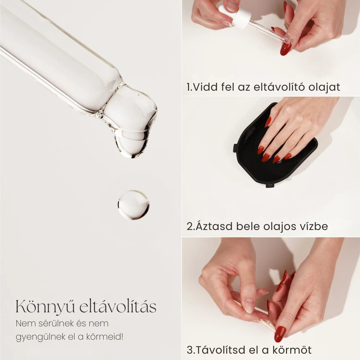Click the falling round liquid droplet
point(133,205)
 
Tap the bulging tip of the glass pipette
point(133,123)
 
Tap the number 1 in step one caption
point(189,87)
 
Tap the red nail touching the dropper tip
point(286,49)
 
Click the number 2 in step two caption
point(190,226)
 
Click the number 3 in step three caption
point(190,350)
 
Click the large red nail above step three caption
point(280,334)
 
